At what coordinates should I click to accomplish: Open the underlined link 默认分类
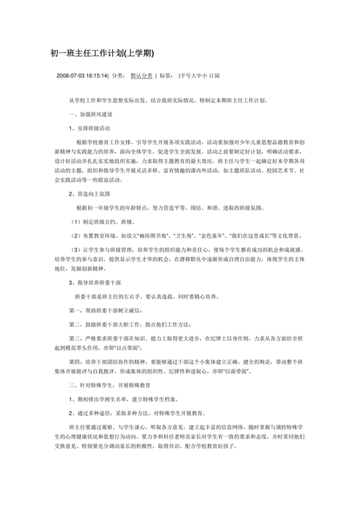pos(141,76)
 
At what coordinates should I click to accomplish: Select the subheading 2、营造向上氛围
pos(93,192)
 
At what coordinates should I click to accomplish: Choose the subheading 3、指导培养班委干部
pos(100,281)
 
